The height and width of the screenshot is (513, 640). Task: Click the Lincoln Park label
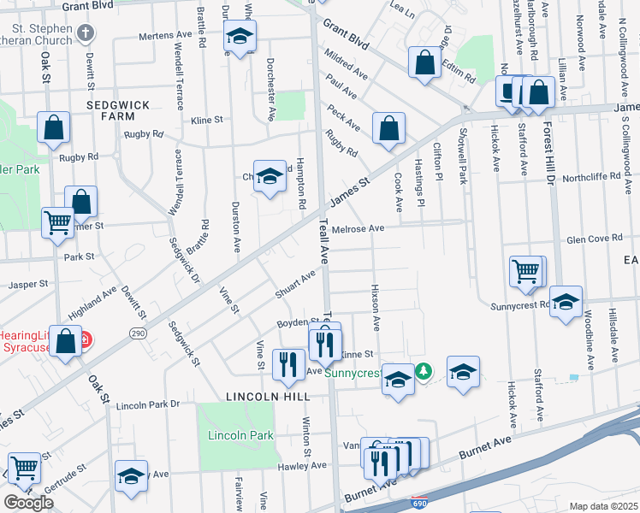tap(240, 435)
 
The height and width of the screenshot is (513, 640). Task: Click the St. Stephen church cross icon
tap(85, 33)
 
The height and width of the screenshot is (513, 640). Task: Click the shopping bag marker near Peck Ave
tap(388, 128)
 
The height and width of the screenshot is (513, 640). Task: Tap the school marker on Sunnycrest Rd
tap(565, 301)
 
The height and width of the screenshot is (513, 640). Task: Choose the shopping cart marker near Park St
tap(57, 222)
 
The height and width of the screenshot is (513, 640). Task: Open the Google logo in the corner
tap(28, 503)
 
